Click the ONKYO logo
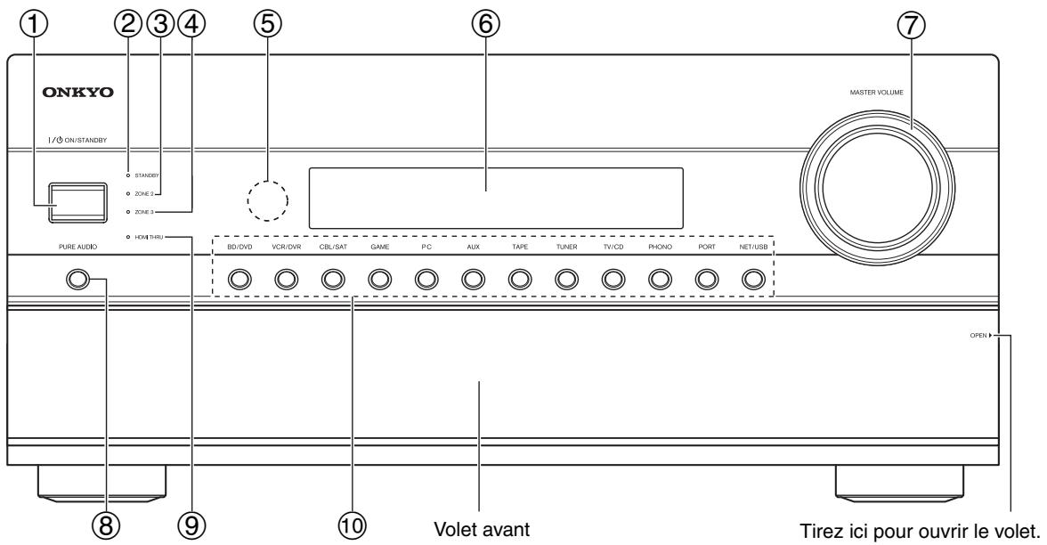[78, 93]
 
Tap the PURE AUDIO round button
[77, 279]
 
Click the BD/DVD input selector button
[239, 279]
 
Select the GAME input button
[380, 279]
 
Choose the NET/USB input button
[753, 279]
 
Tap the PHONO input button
[660, 279]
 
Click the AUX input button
[473, 279]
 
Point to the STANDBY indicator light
[127, 175]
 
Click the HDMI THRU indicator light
[127, 237]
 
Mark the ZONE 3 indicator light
[127, 212]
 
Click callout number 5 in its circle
[268, 24]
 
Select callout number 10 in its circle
[353, 525]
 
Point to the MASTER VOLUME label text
[876, 93]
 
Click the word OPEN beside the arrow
[978, 335]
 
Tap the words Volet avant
[482, 530]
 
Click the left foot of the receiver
[102, 483]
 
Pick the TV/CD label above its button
[613, 248]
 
